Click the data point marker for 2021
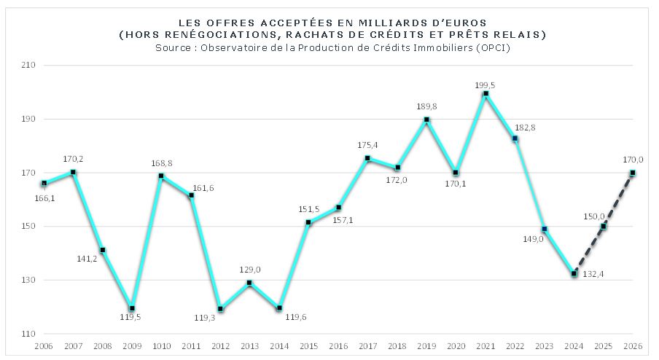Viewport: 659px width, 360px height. tap(486, 93)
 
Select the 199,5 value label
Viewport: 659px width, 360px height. tap(485, 85)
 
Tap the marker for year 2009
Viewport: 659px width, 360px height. tap(132, 308)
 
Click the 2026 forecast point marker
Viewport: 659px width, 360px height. tap(633, 173)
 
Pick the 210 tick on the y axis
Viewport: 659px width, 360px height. tap(29, 66)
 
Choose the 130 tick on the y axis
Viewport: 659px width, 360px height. tap(29, 280)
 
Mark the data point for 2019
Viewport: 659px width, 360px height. tap(426, 120)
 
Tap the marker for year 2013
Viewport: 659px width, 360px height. tap(249, 283)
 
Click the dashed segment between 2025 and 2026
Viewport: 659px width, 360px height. tap(618, 200)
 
